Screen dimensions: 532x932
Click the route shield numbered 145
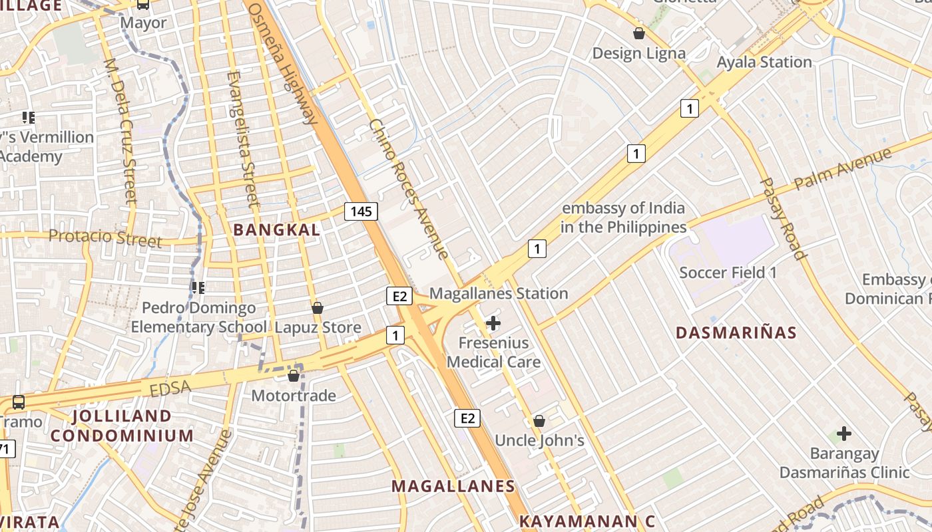(x=361, y=211)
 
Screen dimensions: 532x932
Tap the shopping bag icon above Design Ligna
(x=639, y=33)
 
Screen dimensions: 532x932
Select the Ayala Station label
(x=764, y=62)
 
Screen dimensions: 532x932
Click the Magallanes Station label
(x=499, y=293)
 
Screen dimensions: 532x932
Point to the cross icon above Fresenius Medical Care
(x=493, y=324)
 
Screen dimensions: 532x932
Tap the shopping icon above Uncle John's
(x=539, y=421)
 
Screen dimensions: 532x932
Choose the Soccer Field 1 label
(x=728, y=273)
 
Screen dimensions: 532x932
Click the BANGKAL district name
(x=276, y=230)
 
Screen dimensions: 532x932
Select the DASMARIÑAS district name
(x=736, y=332)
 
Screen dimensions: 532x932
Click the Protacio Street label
(x=105, y=237)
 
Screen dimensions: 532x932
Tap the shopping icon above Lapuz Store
(x=318, y=308)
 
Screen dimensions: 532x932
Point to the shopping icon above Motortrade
(x=294, y=376)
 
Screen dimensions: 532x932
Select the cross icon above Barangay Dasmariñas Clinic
(x=844, y=434)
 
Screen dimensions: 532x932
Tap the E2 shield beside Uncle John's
(x=467, y=418)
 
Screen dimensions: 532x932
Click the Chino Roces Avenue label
(x=408, y=190)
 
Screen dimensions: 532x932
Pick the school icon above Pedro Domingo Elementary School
(x=198, y=288)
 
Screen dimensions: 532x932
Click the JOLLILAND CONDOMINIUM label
(x=122, y=426)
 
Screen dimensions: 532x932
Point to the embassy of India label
(x=623, y=217)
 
